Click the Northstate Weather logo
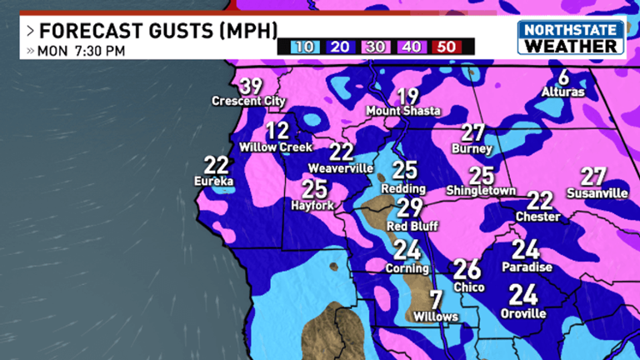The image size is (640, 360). (x=571, y=37)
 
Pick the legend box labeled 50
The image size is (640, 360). (x=447, y=47)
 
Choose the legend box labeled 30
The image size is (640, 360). (x=376, y=47)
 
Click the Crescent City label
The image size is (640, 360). (x=248, y=102)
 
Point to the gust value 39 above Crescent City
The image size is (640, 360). (x=250, y=86)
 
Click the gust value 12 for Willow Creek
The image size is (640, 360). (x=277, y=131)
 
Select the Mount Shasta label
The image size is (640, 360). (x=407, y=111)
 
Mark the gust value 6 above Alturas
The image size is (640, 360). (x=563, y=77)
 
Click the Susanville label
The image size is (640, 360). (x=597, y=193)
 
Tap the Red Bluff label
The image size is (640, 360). (x=408, y=225)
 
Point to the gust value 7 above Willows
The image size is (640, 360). (x=434, y=300)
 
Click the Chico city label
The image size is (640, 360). (x=467, y=286)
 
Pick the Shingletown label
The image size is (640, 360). (x=481, y=191)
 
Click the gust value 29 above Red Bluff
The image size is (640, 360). (x=409, y=208)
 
